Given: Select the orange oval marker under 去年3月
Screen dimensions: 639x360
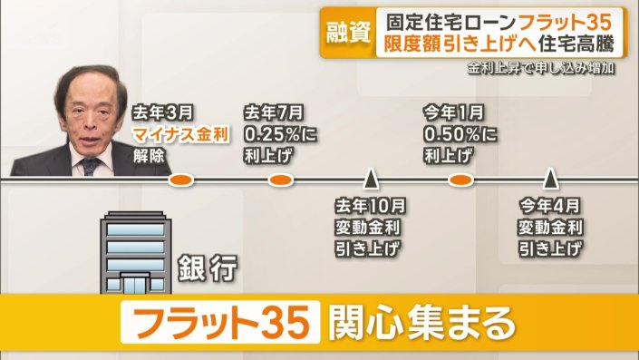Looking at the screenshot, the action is click(x=182, y=180).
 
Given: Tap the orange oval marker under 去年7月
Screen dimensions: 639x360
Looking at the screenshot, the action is click(x=280, y=180).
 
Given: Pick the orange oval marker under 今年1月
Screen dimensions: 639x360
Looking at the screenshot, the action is click(x=461, y=180).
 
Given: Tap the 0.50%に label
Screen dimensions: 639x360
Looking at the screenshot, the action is click(x=460, y=135).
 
